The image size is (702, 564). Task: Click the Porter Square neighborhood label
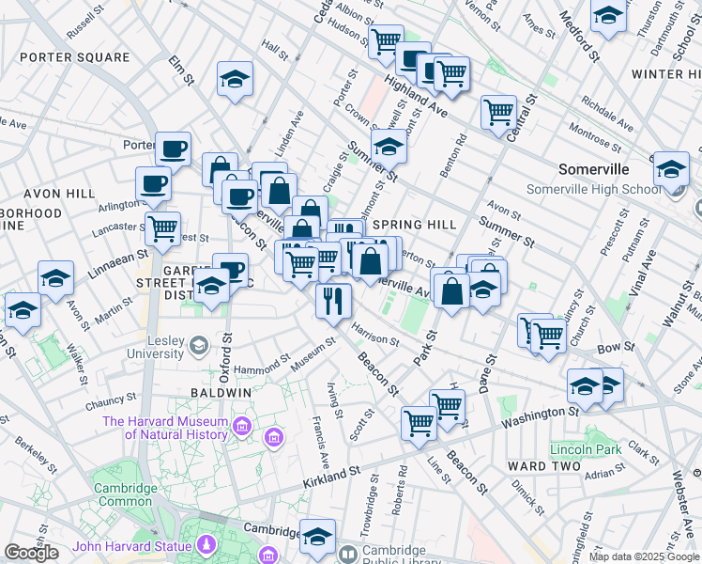(x=74, y=57)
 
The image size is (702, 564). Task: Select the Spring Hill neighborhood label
(x=414, y=225)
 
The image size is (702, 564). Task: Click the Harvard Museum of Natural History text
(x=165, y=429)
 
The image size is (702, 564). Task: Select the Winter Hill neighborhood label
(x=666, y=73)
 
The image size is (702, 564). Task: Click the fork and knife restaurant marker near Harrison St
(x=332, y=300)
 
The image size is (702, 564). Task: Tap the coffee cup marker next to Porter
(x=173, y=148)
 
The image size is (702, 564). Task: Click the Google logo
(x=31, y=553)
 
